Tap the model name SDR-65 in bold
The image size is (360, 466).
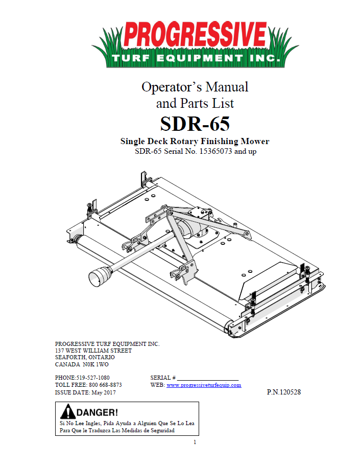[195, 124]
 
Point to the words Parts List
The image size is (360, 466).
[206, 103]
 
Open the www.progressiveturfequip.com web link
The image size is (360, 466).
[204, 385]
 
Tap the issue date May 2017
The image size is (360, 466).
[104, 392]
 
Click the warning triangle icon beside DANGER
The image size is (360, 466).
[67, 412]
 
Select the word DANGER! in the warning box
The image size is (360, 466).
[97, 412]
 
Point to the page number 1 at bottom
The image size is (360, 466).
[195, 442]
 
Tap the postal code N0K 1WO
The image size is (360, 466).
[95, 364]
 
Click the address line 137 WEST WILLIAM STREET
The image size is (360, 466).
[93, 351]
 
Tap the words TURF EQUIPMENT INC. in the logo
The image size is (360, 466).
[195, 58]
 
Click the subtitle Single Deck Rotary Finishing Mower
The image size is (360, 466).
[195, 141]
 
